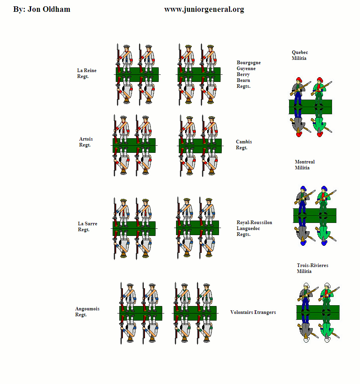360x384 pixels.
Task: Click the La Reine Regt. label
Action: (87, 73)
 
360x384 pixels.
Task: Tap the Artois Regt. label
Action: (86, 142)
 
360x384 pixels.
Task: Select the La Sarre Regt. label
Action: (87, 226)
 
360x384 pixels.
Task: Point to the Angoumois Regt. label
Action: (87, 312)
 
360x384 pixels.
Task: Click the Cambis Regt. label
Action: (244, 145)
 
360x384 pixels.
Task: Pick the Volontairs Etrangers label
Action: (253, 312)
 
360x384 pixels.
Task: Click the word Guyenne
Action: (246, 69)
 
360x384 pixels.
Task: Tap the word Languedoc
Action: (248, 228)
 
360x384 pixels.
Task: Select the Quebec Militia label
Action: (300, 55)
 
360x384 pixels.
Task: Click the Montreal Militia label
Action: (304, 165)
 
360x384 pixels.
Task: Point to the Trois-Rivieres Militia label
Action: (312, 268)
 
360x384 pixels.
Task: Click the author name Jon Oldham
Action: (49, 9)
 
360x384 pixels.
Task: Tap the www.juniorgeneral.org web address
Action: (204, 9)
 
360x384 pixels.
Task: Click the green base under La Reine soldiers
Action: (137, 74)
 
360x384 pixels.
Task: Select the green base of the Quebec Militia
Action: (310, 107)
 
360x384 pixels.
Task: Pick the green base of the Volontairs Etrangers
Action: (195, 313)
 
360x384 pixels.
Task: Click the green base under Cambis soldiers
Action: (200, 146)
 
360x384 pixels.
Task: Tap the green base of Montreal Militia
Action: (315, 215)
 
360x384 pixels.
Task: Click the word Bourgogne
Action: (249, 63)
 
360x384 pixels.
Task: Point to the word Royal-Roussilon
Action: (254, 223)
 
